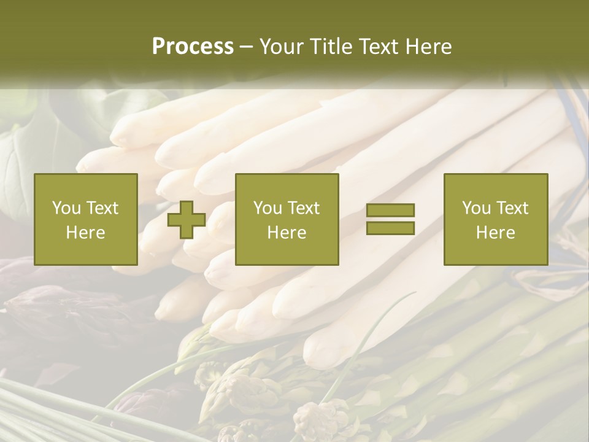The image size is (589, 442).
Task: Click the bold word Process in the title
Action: (193, 47)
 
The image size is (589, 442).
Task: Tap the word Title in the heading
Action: (331, 47)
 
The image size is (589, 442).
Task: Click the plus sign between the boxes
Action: (187, 220)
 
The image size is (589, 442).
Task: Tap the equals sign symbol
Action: (390, 219)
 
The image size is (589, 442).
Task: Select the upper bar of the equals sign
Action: (390, 211)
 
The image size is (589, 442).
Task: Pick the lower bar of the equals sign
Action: (390, 228)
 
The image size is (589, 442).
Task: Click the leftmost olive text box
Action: (85, 219)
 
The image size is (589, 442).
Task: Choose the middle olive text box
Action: (287, 219)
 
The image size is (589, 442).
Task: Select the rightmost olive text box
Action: (495, 219)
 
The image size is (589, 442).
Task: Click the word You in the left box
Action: (66, 207)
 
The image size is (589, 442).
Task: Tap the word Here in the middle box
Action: (287, 233)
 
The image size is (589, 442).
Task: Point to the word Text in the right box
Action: (511, 207)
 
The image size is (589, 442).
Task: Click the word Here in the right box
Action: (495, 233)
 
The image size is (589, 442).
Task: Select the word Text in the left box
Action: (101, 207)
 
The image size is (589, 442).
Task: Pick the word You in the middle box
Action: (268, 207)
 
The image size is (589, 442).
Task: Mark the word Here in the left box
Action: (85, 233)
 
